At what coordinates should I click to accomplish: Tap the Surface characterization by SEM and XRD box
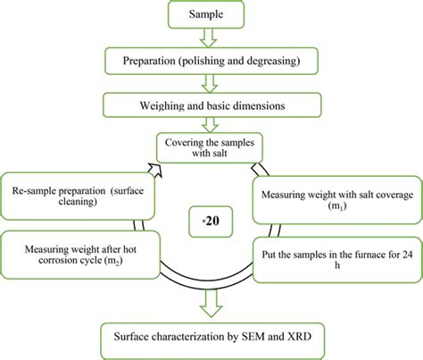pos(211,337)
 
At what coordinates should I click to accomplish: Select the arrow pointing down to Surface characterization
pos(211,304)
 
